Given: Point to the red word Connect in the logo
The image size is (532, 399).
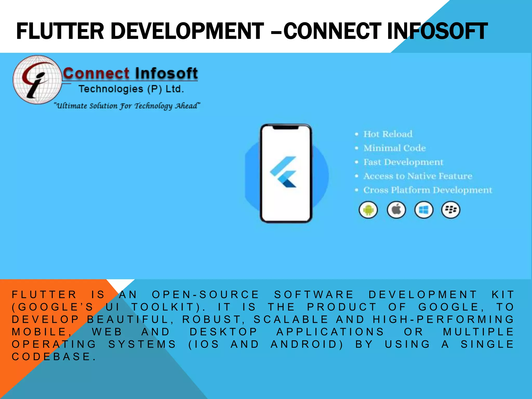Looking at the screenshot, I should [x=96, y=73].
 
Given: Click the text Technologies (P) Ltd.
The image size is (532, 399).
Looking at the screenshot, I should [x=131, y=89].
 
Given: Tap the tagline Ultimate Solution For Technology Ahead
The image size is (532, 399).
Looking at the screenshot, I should [x=127, y=106].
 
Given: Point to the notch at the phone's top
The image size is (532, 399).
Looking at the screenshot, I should [x=286, y=128].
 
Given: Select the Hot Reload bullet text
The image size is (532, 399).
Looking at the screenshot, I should [x=388, y=134].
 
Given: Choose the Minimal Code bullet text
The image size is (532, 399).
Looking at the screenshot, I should [x=394, y=148].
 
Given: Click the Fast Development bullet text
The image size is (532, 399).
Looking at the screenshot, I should [x=403, y=162].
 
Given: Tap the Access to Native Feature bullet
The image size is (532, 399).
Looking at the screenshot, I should [x=417, y=176].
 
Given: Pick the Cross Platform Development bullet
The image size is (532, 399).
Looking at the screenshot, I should [x=427, y=190].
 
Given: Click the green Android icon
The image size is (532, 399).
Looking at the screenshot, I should [x=368, y=210].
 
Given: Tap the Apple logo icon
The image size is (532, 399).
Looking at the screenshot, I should [x=396, y=210].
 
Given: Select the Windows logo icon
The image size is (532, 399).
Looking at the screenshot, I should [x=424, y=210].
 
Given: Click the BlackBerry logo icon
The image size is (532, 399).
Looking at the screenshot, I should [x=451, y=210].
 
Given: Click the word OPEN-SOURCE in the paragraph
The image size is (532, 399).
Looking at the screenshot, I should [x=205, y=295].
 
